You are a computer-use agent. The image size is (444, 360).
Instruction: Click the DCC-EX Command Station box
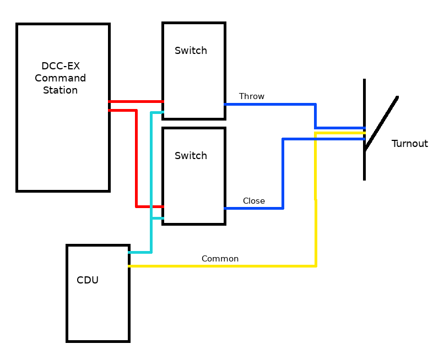[63, 138]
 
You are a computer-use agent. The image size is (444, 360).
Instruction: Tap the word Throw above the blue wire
[252, 96]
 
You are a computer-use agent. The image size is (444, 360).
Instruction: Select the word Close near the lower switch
[254, 201]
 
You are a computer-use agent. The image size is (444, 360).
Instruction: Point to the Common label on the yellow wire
[220, 259]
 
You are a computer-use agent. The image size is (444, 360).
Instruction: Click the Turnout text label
[409, 144]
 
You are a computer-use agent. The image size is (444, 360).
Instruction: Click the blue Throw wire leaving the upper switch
[270, 104]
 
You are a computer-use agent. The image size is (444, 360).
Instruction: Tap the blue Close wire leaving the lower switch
[253, 208]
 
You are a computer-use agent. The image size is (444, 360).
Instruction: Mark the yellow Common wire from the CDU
[220, 266]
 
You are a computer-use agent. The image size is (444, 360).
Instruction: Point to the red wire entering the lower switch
[149, 206]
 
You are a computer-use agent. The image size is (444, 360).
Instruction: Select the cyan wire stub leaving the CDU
[140, 252]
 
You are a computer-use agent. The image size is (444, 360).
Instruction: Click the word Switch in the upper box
[191, 51]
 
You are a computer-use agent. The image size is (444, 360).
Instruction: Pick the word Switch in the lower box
[191, 156]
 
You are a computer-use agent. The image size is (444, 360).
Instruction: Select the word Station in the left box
[60, 90]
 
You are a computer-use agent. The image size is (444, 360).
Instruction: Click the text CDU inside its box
[88, 280]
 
